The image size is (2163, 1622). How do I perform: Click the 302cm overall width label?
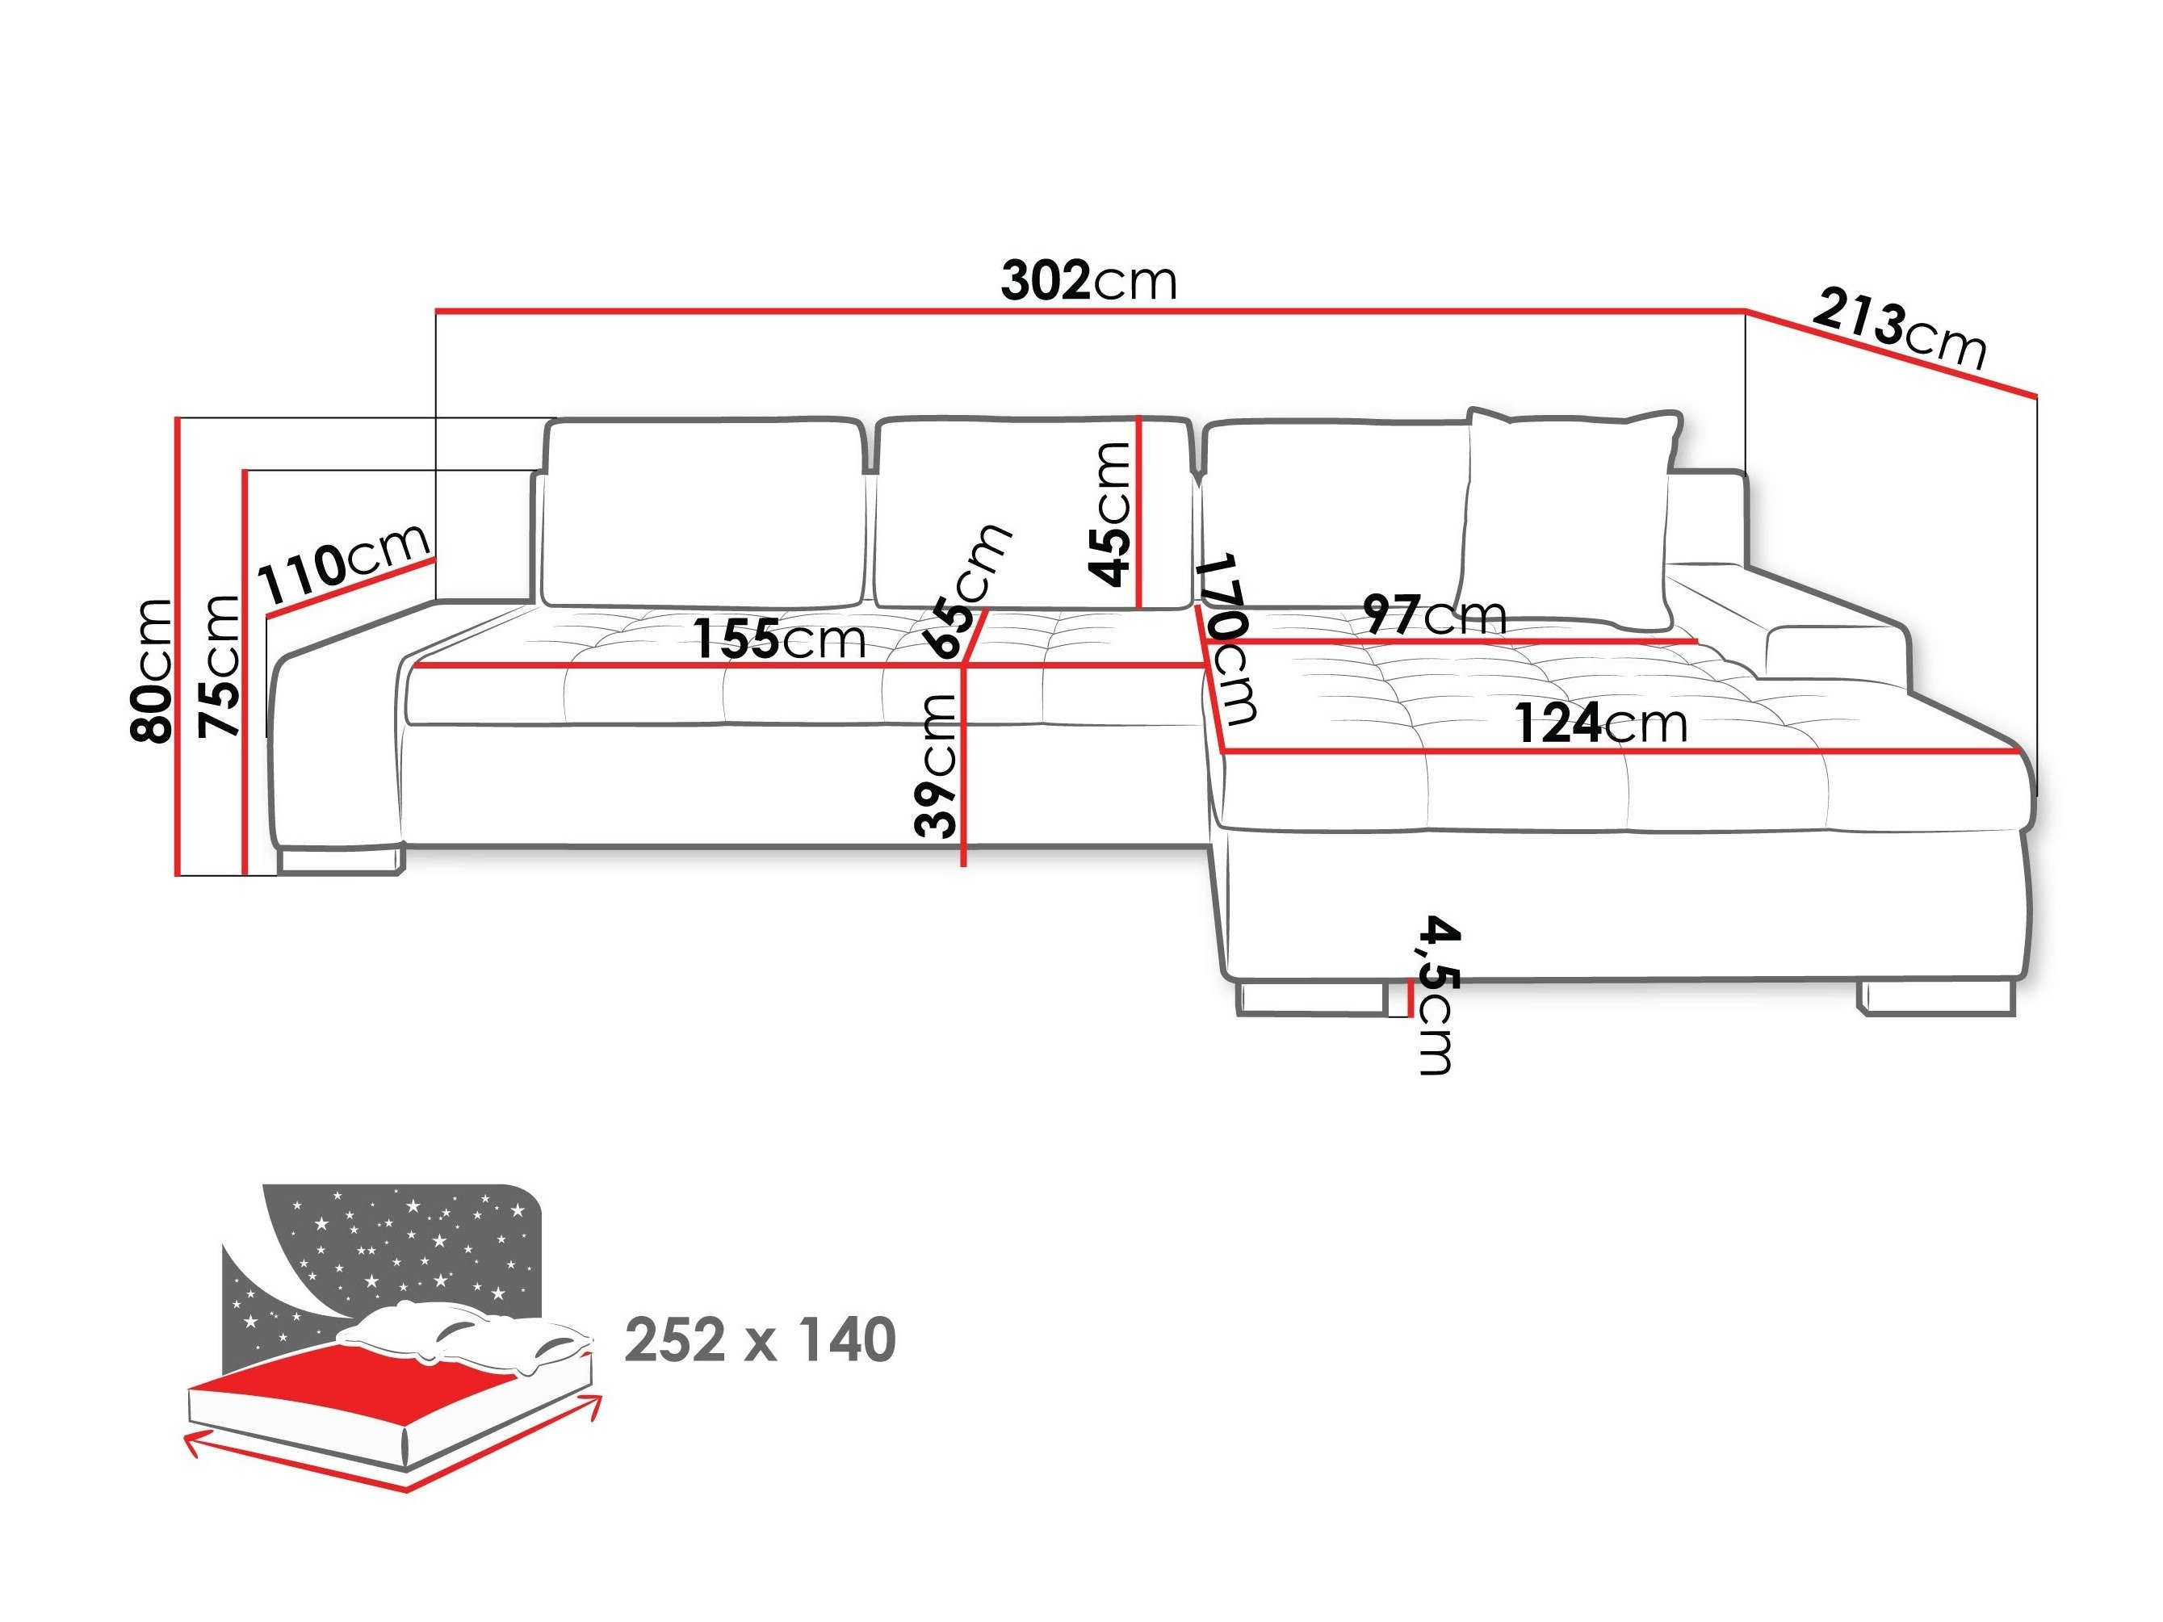[1088, 283]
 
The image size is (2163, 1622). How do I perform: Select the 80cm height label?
[152, 671]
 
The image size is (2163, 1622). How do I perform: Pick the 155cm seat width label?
[780, 640]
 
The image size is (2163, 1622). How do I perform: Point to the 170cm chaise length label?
[1228, 640]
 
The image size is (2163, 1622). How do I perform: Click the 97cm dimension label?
[1435, 615]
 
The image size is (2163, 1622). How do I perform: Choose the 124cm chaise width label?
[1602, 724]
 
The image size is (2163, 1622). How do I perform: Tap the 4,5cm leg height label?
[1436, 995]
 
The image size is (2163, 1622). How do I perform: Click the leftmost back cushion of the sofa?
[702, 513]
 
